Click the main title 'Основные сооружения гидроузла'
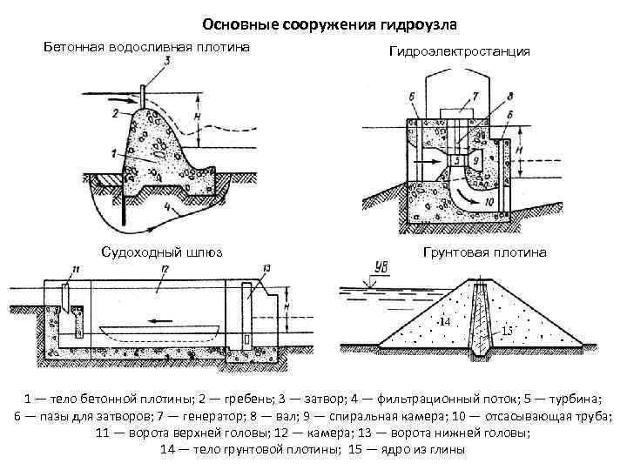click(x=323, y=23)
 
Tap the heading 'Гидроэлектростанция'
click(x=459, y=52)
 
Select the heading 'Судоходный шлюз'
click(x=161, y=252)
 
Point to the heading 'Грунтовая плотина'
click(x=484, y=252)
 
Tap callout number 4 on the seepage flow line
click(x=166, y=208)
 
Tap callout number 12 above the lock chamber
click(x=164, y=271)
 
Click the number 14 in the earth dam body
click(x=444, y=322)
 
